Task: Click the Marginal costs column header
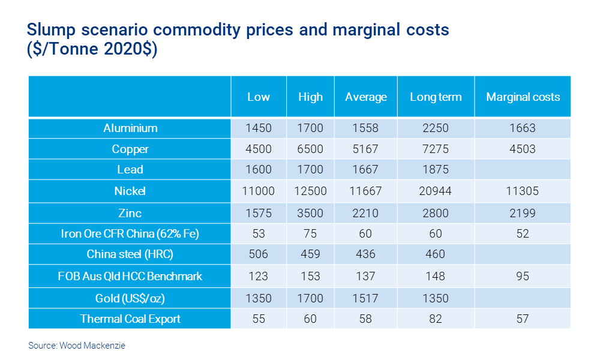pos(523,97)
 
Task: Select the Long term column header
pos(436,97)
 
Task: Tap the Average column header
pos(366,97)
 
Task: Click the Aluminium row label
pos(130,128)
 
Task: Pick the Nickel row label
pos(130,191)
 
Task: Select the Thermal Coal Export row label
pos(130,319)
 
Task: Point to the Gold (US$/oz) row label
pos(130,298)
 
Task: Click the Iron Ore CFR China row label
pos(130,234)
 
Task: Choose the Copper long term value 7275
pos(436,149)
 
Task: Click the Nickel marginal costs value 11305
pos(523,191)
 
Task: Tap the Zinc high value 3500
pos(311,213)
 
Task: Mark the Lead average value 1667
pos(366,170)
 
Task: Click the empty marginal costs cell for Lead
pos(523,170)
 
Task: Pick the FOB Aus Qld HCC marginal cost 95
pos(523,277)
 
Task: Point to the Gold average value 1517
pos(366,298)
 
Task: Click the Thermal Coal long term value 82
pos(436,319)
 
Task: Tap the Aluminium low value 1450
pos(259,128)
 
